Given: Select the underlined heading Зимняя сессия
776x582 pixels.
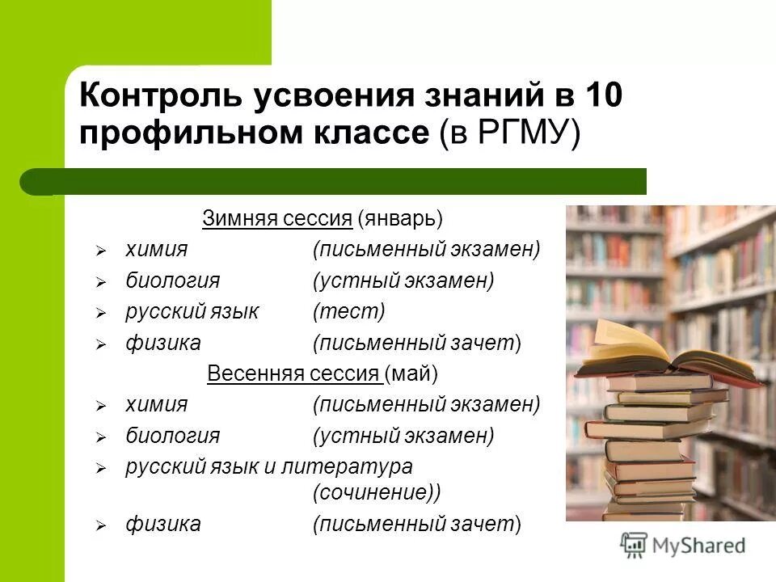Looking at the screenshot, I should click(x=276, y=218).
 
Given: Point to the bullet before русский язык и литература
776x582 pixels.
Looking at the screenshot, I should click(x=101, y=468).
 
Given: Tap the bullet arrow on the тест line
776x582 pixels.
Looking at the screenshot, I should click(x=101, y=313).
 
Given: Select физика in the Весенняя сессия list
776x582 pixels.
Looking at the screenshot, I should click(x=162, y=524).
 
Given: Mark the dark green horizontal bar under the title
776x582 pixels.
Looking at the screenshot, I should click(x=339, y=181).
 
